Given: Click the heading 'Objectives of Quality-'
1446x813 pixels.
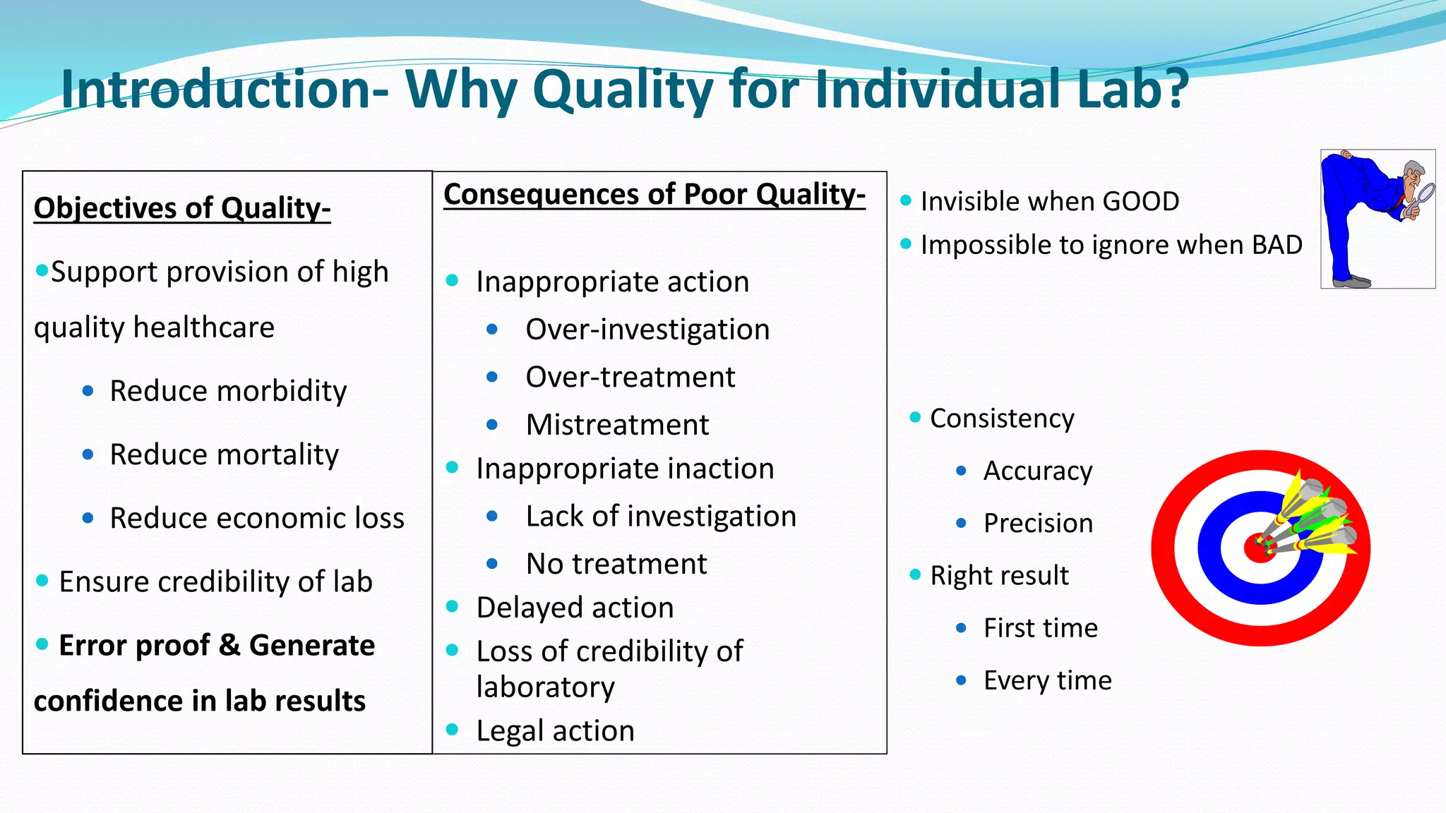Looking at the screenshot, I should click(182, 208).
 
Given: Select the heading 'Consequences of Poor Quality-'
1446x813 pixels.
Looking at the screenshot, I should click(654, 195).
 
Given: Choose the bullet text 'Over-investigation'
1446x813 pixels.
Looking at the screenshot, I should click(647, 330).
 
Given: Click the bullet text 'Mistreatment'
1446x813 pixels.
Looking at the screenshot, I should click(617, 425).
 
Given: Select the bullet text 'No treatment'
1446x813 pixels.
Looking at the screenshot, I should click(616, 564).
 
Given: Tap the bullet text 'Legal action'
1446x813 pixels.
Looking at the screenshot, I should click(555, 730).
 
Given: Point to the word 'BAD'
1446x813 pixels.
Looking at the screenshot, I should click(1277, 245).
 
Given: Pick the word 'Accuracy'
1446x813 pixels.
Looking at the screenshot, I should click(1037, 471).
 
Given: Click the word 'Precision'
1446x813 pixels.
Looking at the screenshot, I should click(1038, 523).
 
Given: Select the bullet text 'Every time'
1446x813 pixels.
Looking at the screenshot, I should click(1047, 680).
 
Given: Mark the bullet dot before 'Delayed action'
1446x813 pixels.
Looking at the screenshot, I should click(453, 606).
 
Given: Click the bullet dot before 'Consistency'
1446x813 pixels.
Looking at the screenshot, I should click(915, 417).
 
